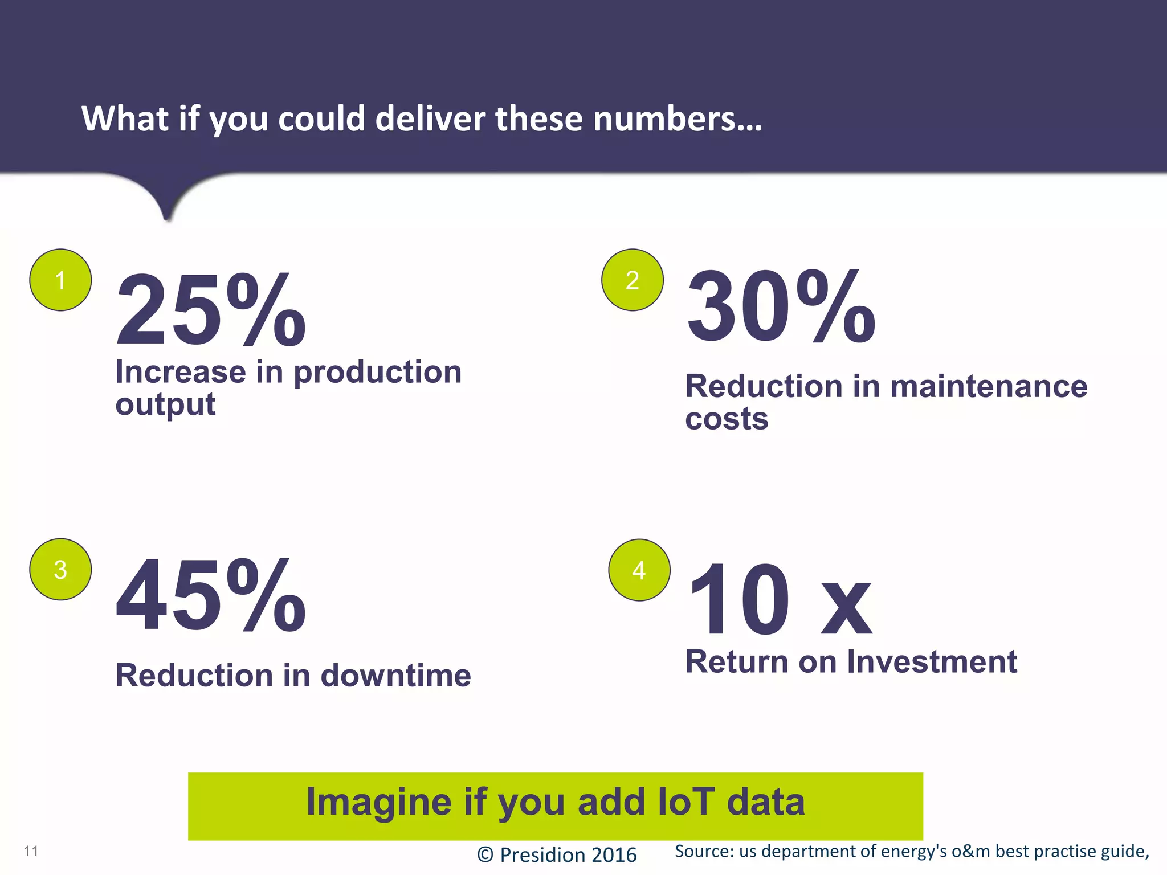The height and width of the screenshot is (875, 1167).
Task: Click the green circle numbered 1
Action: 60,280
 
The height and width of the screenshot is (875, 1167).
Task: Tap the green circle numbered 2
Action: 633,280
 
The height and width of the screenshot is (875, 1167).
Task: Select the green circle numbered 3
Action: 60,569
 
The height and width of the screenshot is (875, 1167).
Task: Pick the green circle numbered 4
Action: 639,570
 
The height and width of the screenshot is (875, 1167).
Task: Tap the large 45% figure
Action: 211,596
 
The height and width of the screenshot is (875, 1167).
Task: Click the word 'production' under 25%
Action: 377,373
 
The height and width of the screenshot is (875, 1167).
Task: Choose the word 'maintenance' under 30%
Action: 989,386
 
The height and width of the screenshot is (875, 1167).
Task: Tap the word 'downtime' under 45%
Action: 395,676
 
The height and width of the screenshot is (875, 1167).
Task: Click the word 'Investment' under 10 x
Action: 932,662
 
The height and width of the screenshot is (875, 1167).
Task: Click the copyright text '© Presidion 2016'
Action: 557,855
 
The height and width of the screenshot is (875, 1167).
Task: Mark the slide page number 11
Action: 31,851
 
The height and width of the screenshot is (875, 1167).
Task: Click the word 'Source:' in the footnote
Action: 704,851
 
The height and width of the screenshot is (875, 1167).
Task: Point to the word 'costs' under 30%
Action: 727,419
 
